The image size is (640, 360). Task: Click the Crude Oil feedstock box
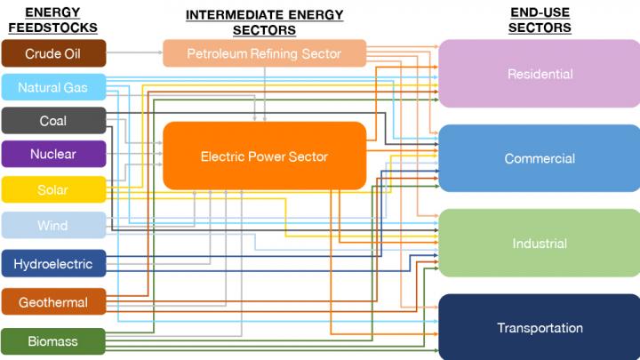pos(53,53)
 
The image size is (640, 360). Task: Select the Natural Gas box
pos(53,87)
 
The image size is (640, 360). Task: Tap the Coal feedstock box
pos(53,121)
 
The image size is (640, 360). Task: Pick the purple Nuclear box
pos(53,154)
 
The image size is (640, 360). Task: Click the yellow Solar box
pos(53,190)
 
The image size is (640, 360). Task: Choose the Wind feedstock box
pos(53,226)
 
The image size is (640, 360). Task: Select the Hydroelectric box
pos(53,264)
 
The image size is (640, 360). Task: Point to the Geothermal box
pos(53,302)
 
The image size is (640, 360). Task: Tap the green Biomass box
pos(53,341)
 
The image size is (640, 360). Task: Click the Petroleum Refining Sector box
pos(264,53)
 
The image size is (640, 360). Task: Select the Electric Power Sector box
pos(264,156)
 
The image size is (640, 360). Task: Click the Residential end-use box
pos(540,74)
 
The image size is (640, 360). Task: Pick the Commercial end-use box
pos(540,159)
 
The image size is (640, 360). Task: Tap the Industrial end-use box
pos(540,244)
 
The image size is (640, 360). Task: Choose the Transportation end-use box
pos(540,328)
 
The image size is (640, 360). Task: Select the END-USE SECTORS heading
pos(540,20)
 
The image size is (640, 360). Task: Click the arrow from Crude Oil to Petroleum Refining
pos(133,53)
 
